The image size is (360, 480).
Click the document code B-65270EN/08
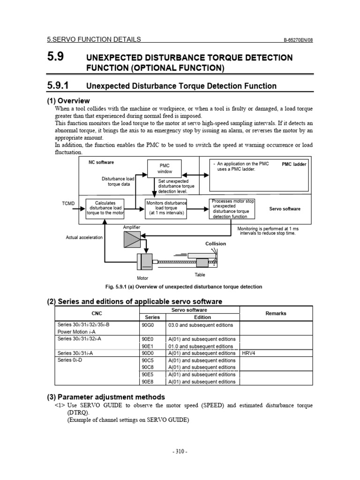pos(298,40)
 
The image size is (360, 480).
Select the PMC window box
pos(165,169)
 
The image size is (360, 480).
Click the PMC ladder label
pos(294,165)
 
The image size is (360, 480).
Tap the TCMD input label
pos(68,203)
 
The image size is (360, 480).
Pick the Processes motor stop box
pos(232,209)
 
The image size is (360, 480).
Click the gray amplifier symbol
pos(131,239)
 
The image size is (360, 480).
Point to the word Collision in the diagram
pos(216,244)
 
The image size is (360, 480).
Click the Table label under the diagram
pos(200,275)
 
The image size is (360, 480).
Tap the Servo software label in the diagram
pos(285,209)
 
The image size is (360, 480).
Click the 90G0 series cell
pos(147,325)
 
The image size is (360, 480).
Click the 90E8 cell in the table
pos(147,382)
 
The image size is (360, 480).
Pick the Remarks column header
pos(276,313)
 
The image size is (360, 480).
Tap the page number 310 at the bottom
pos(180,451)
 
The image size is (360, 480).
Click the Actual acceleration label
pos(84,238)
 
